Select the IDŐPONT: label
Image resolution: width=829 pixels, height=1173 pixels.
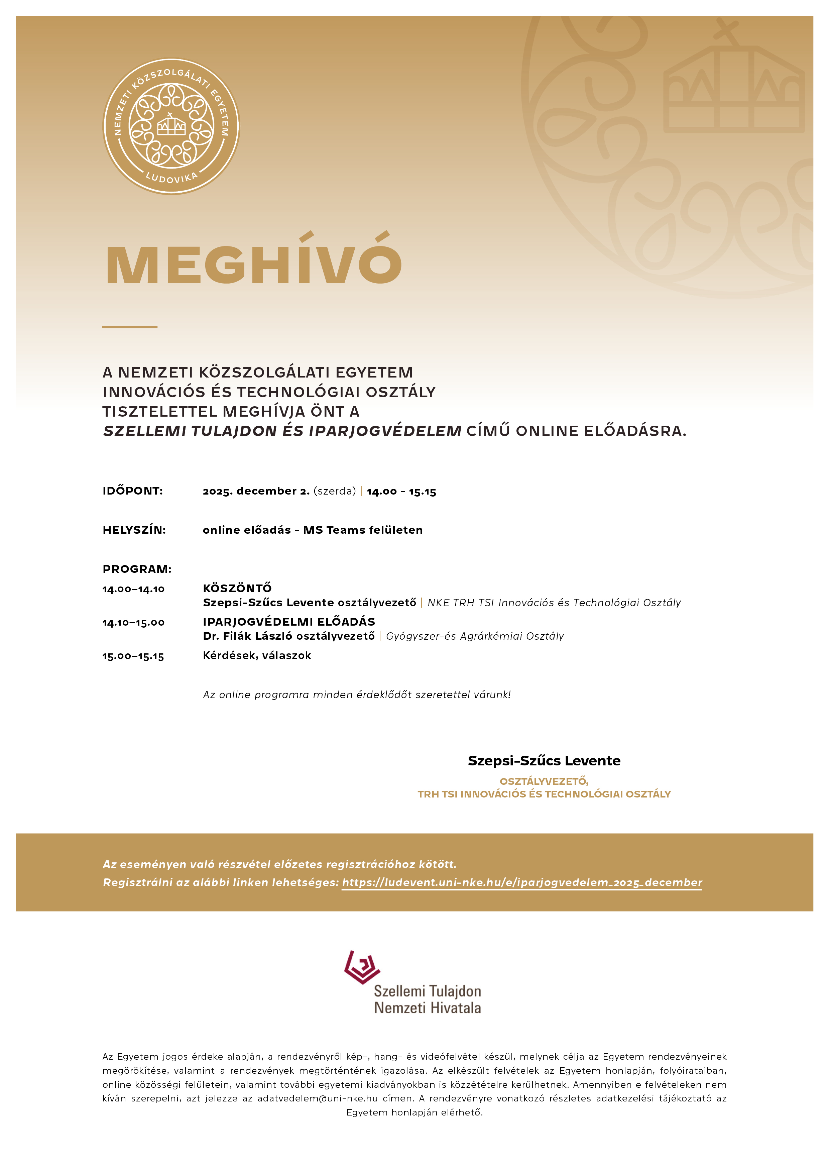click(x=132, y=491)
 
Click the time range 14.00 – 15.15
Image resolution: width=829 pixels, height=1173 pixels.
click(x=401, y=492)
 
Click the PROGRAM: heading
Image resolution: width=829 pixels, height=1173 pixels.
click(x=137, y=569)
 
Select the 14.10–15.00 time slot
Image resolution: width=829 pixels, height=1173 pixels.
click(x=133, y=622)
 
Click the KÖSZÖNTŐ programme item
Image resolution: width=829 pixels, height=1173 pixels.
click(x=237, y=588)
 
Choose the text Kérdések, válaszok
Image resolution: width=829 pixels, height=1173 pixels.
click(x=257, y=655)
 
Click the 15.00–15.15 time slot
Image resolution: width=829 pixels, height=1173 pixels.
click(x=133, y=656)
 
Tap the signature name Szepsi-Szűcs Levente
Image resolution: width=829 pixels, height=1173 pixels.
click(x=544, y=761)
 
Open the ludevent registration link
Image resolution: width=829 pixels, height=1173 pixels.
click(x=521, y=882)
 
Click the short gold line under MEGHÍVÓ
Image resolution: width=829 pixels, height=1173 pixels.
click(x=130, y=326)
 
